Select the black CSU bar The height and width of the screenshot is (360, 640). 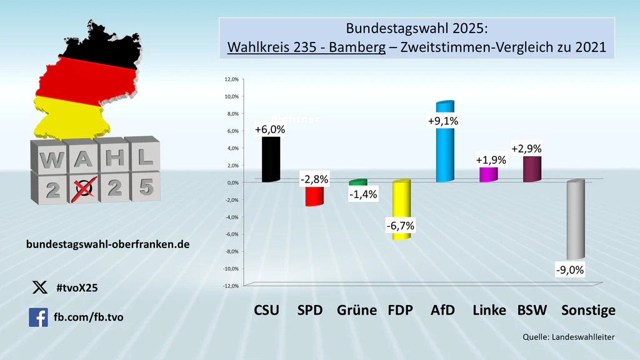pos(271,159)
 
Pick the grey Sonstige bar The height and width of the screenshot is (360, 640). pos(574,219)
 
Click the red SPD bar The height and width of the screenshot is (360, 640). pos(314,195)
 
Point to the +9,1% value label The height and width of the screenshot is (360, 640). pos(444,121)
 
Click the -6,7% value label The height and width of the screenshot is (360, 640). pos(401,225)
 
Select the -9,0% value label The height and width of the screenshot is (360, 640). pos(570,270)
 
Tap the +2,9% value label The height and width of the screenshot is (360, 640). pos(526,149)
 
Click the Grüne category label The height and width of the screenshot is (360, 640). pos(357,311)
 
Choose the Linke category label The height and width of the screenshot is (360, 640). pos(489,311)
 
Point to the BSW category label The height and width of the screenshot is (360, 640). pos(532,311)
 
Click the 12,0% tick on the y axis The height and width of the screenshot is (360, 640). pos(231,79)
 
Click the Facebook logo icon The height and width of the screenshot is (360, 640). pos(38,317)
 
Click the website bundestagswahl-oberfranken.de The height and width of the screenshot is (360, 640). pos(108,244)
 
